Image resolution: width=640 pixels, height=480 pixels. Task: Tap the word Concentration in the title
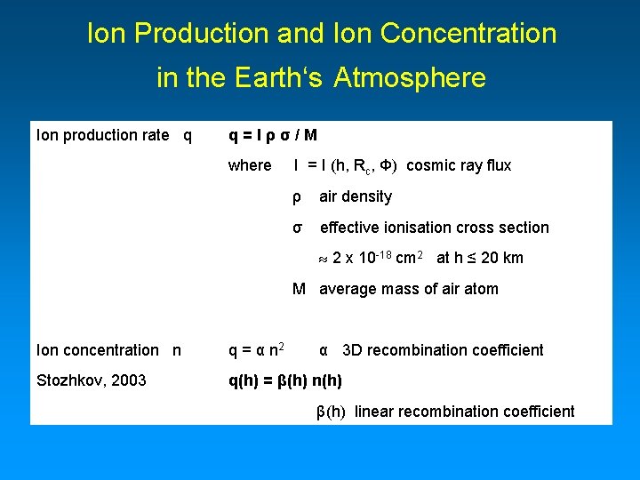[x=468, y=34]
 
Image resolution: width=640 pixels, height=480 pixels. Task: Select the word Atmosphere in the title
[x=411, y=78]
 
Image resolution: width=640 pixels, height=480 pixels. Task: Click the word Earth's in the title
[x=281, y=78]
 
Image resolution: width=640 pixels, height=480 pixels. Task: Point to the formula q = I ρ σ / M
[x=273, y=135]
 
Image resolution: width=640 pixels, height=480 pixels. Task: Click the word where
[x=250, y=165]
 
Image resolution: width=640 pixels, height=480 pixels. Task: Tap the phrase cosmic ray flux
[x=459, y=165]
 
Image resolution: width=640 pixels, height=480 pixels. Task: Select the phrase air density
[x=356, y=196]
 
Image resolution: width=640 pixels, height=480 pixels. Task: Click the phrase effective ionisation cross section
[x=435, y=228]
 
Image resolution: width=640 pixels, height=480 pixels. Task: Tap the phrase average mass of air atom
[x=409, y=289]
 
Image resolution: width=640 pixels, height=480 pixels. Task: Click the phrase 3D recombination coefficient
[x=443, y=350]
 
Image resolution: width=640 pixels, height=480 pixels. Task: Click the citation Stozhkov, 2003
[x=92, y=381]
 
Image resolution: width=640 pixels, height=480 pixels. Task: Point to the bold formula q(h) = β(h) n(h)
[x=285, y=381]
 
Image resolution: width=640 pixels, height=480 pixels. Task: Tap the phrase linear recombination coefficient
[x=465, y=412]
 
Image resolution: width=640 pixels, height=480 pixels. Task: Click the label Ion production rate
[x=102, y=135]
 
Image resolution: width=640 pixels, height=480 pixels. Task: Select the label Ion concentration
[x=97, y=350]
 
